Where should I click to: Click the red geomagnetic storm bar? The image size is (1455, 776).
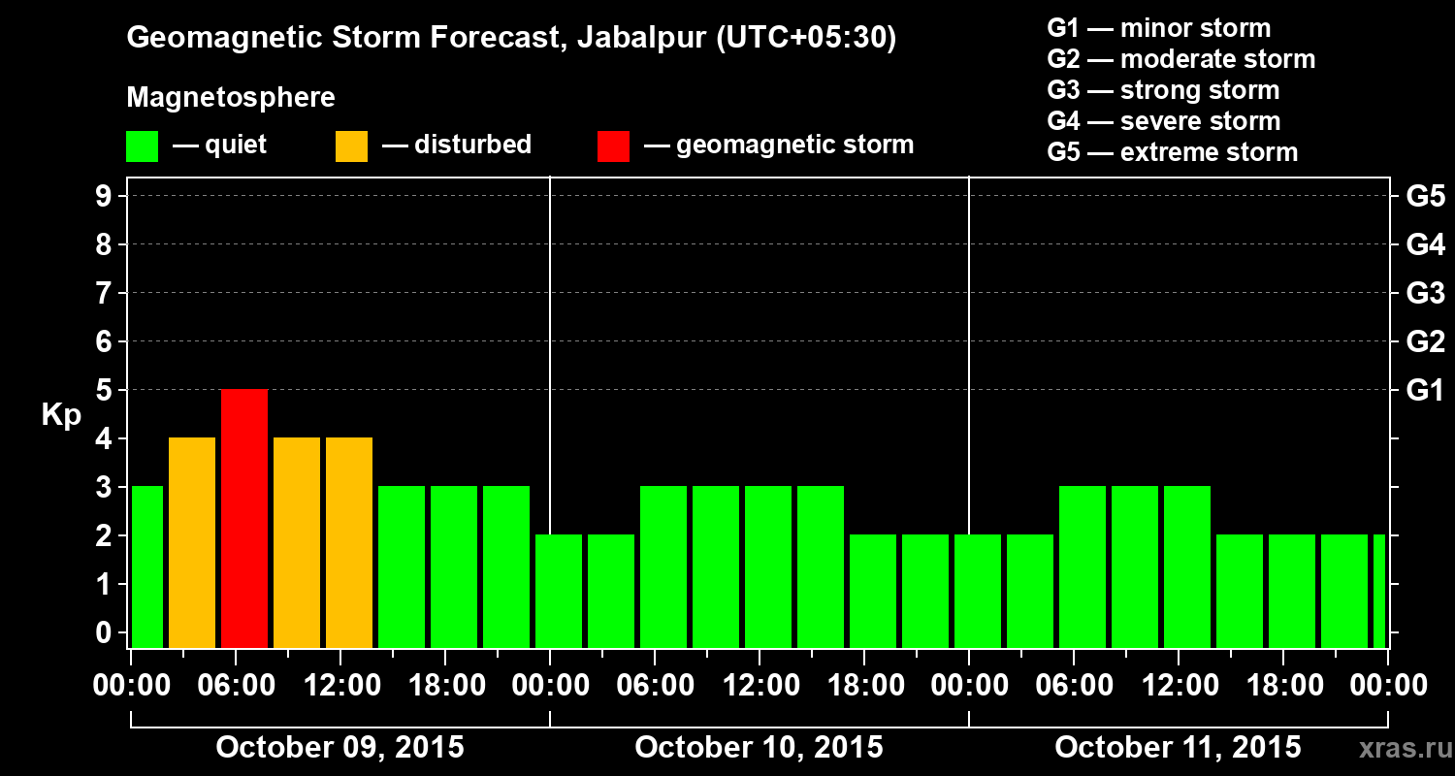244,518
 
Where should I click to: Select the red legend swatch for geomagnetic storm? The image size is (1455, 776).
613,145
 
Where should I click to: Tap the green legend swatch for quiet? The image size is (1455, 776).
142,145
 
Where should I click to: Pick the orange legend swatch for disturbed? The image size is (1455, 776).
351,145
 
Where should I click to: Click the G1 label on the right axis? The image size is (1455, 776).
1425,391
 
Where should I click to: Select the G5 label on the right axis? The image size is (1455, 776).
1425,197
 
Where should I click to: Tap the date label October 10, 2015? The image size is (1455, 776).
759,748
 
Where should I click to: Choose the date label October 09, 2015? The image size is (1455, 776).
339,748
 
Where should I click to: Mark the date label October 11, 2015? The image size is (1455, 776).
1178,748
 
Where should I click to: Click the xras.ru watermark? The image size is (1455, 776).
1398,748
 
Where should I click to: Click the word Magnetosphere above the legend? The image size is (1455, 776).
231,98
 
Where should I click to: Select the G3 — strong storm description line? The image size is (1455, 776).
1163,90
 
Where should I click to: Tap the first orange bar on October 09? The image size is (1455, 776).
192,543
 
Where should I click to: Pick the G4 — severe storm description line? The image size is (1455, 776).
1164,121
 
